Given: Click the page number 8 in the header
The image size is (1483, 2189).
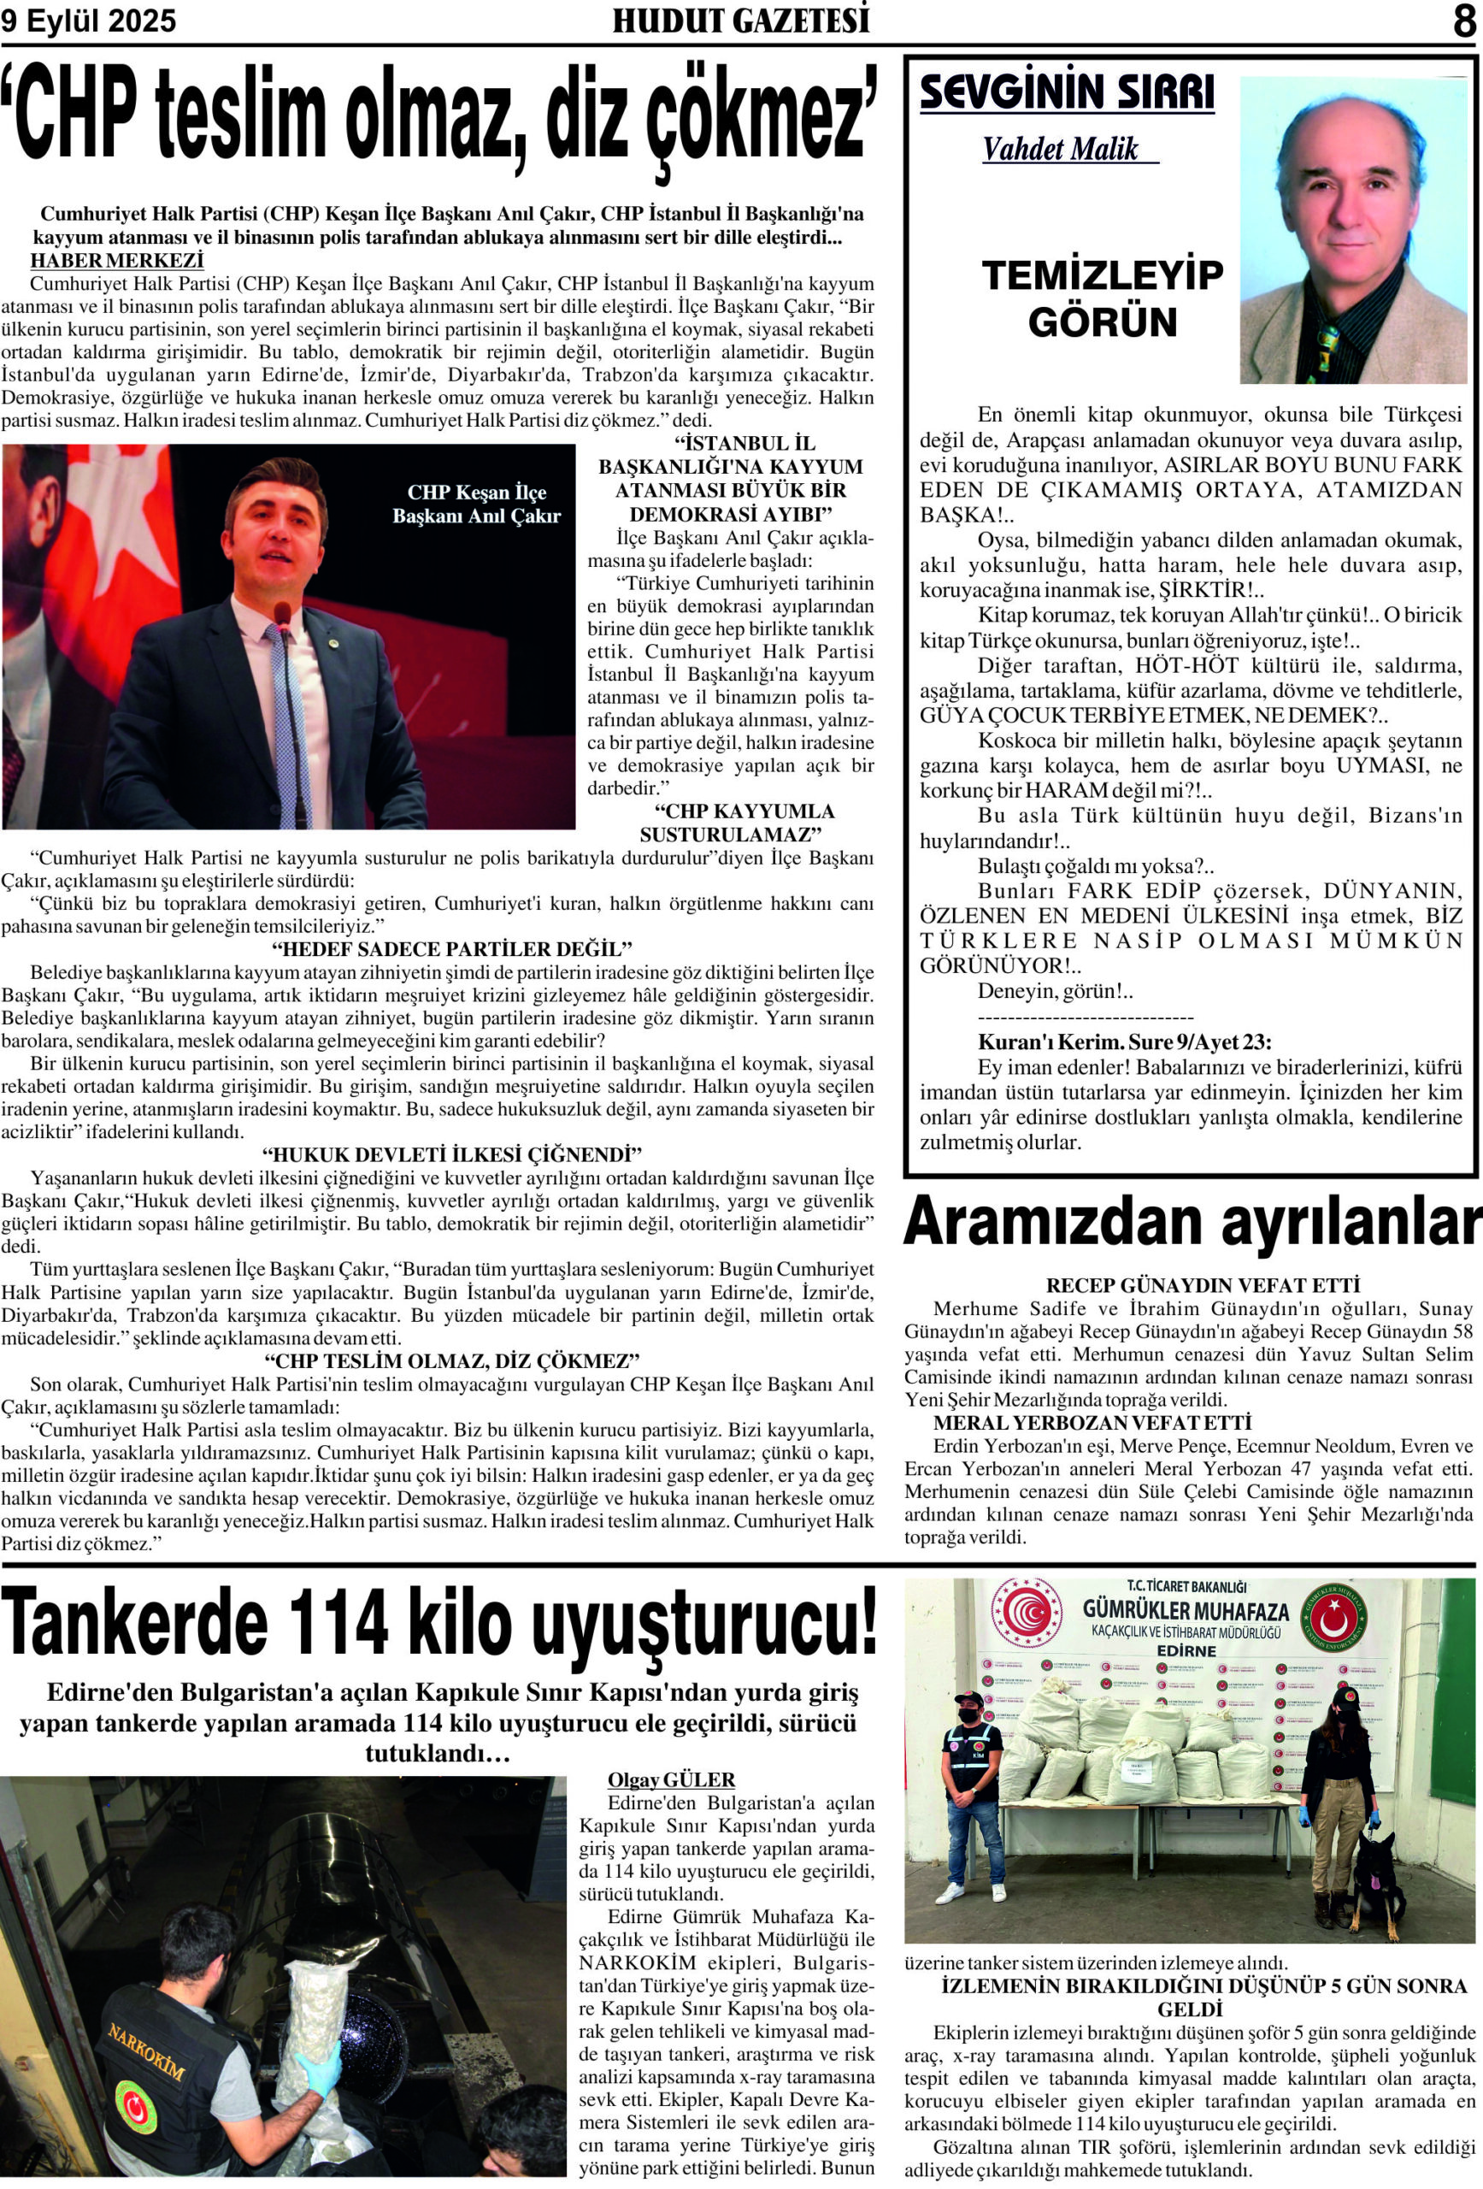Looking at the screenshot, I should tap(1463, 21).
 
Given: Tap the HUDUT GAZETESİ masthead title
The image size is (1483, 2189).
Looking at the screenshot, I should tap(741, 21).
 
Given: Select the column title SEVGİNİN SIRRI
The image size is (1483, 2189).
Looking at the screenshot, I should tap(1066, 93).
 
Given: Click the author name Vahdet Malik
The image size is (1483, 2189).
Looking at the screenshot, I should tap(1060, 149).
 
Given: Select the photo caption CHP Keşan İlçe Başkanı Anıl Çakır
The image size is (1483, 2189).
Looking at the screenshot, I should tap(475, 504).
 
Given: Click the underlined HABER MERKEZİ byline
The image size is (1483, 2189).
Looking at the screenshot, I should tap(117, 261).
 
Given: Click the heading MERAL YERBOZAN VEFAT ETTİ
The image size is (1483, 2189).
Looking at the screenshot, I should tap(1092, 1422).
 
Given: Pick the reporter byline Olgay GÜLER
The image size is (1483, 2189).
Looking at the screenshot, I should tap(670, 1780).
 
